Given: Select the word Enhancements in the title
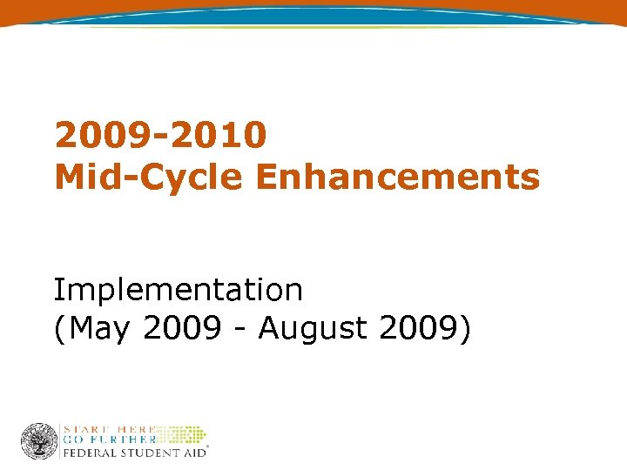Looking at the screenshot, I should [x=397, y=177].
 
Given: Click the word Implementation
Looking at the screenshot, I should [x=178, y=290].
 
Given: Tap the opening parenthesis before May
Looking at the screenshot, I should [x=58, y=330].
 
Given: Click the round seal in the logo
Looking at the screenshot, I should [x=39, y=441].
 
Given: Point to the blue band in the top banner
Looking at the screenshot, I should [x=313, y=13].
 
